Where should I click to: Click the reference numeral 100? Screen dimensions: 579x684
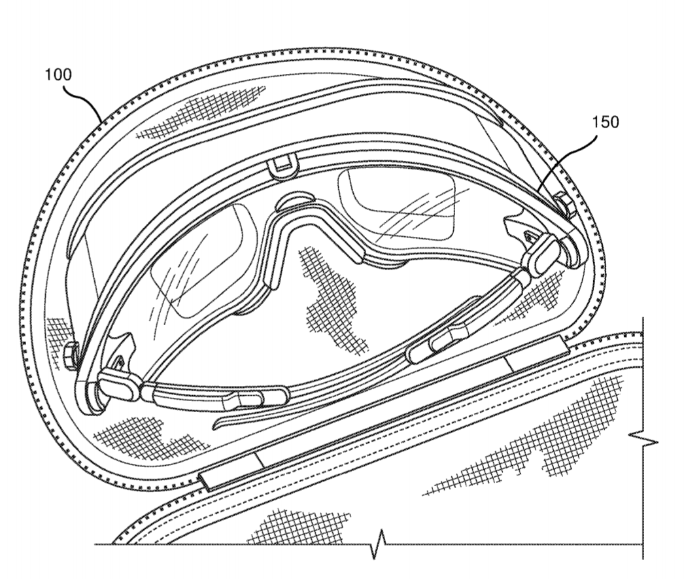[x=58, y=74]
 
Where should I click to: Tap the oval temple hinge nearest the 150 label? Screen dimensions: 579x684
[x=540, y=257]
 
